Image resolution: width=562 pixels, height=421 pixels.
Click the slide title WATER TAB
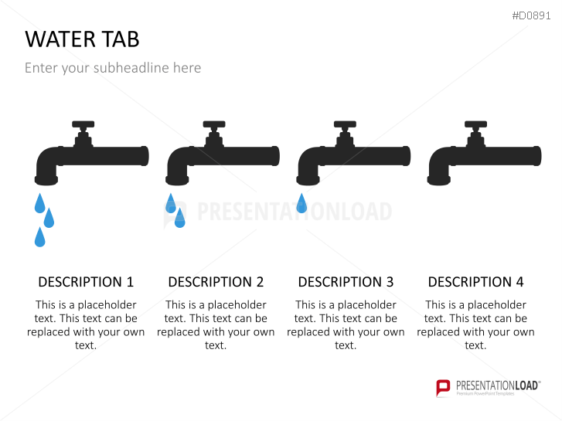(x=82, y=39)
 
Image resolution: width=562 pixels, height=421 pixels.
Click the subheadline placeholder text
(x=113, y=68)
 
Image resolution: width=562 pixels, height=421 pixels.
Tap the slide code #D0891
(x=531, y=15)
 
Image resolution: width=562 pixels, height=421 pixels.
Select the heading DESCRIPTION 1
(x=86, y=282)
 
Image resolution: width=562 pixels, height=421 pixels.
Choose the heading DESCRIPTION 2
(x=216, y=282)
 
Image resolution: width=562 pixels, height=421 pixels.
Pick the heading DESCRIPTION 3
(x=346, y=282)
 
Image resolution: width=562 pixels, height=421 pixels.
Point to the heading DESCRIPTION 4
(x=475, y=282)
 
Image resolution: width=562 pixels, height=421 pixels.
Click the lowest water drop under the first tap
(x=39, y=237)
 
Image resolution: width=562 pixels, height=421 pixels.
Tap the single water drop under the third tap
(x=301, y=203)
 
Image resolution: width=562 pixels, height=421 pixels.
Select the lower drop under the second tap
(x=179, y=218)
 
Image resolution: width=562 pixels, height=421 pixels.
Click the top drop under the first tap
(x=39, y=203)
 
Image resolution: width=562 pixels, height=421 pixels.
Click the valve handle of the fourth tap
(x=475, y=124)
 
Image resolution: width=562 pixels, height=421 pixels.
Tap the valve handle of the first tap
(x=83, y=124)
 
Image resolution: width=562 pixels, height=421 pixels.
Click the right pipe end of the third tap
(x=407, y=156)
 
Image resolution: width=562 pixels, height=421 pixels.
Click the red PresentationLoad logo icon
(x=443, y=388)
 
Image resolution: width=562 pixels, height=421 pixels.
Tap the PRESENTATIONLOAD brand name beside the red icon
(x=497, y=385)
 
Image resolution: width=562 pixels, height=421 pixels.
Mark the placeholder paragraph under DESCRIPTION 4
(x=475, y=325)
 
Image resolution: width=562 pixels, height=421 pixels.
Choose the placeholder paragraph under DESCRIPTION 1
(x=86, y=325)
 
